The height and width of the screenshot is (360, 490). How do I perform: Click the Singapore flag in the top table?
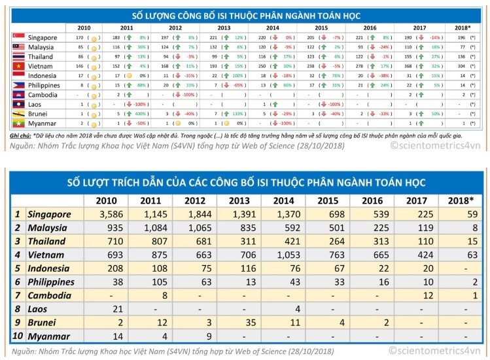(18, 38)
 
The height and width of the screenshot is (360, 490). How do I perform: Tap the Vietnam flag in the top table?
(18, 66)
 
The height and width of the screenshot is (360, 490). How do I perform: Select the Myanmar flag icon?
(18, 123)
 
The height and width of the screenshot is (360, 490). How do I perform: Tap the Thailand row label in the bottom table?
(48, 242)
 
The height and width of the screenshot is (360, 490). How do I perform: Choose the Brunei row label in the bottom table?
(44, 323)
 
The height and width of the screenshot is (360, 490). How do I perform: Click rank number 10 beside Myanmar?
(17, 336)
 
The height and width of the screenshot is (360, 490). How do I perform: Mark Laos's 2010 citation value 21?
(116, 309)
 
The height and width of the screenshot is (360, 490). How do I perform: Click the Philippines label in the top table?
(44, 85)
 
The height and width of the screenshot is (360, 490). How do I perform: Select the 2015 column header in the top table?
(321, 28)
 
